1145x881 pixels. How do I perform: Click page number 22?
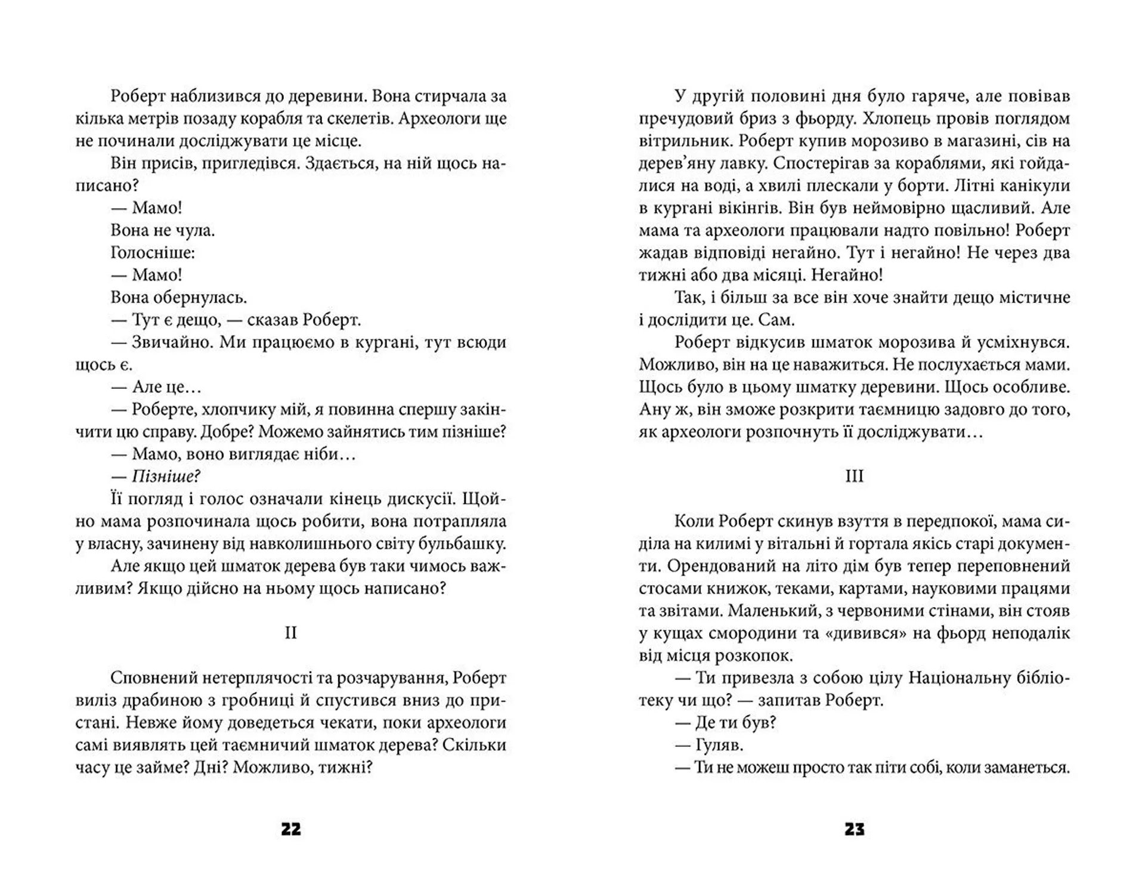pyautogui.click(x=290, y=829)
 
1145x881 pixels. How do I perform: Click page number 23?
pyautogui.click(x=854, y=829)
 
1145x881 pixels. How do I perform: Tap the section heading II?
pyautogui.click(x=290, y=632)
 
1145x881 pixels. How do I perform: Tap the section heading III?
pyautogui.click(x=854, y=476)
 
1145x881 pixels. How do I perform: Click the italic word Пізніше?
pyautogui.click(x=166, y=476)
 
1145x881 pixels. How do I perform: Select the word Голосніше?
pyautogui.click(x=153, y=252)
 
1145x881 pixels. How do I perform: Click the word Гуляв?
pyautogui.click(x=719, y=745)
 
